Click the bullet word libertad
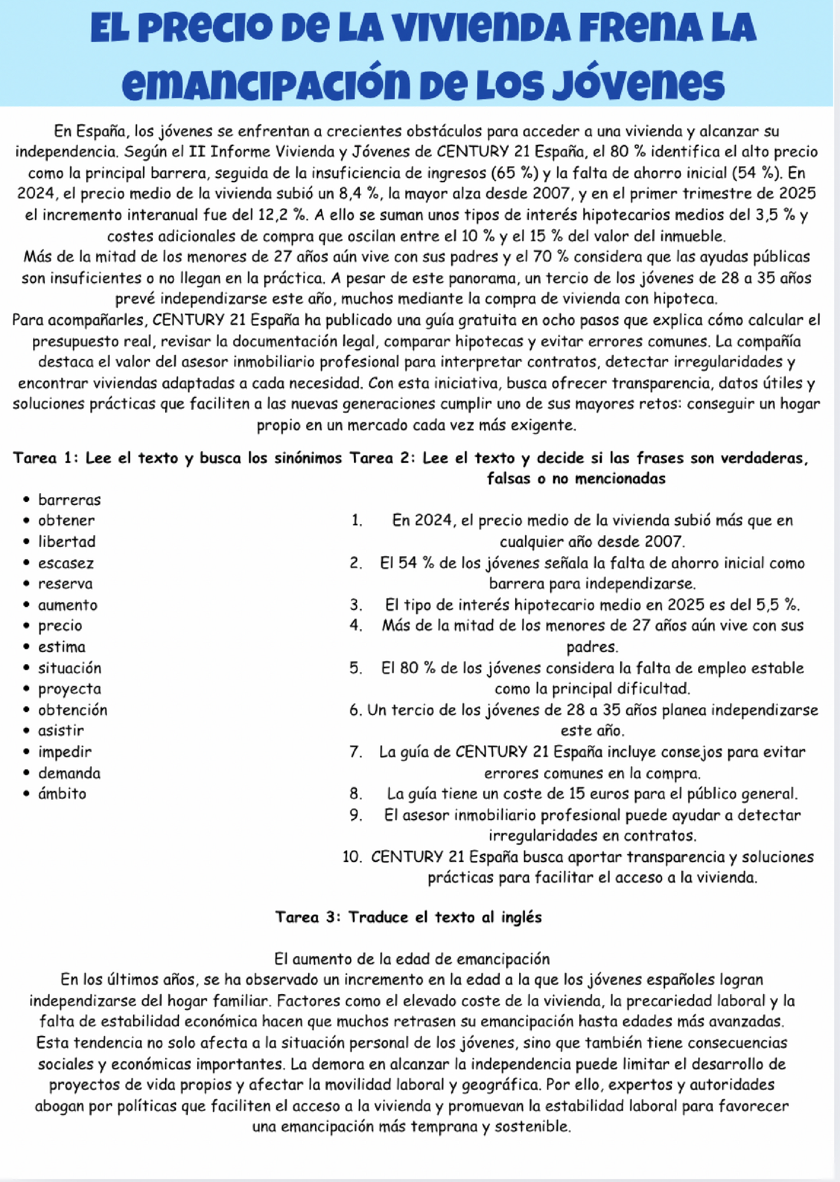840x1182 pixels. pos(67,542)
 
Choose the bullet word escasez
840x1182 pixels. pos(66,563)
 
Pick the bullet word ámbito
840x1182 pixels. pos(62,793)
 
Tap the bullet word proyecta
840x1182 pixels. pos(69,689)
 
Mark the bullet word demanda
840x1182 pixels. pos(69,773)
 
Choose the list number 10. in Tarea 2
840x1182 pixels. pos(352,857)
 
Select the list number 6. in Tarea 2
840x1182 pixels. pos(356,710)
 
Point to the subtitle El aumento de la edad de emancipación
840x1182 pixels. pos(412,959)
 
